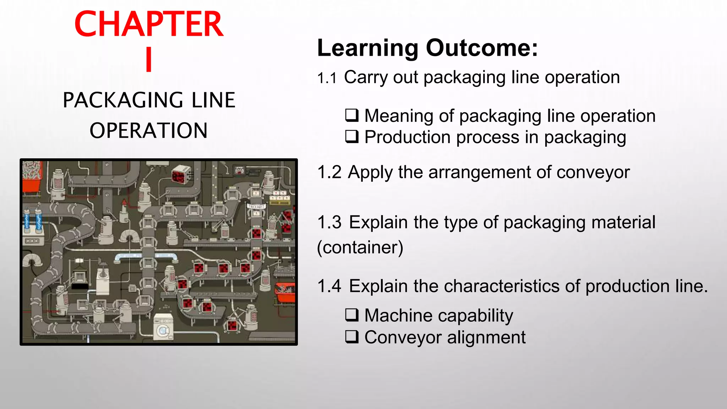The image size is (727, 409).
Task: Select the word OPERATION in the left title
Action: click(x=148, y=131)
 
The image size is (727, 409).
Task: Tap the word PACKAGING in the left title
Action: click(x=122, y=100)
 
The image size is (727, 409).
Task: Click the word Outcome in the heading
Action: click(x=482, y=48)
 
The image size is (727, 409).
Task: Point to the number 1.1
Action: click(x=327, y=78)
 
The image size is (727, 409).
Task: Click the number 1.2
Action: click(x=329, y=172)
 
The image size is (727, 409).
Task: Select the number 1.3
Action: click(x=329, y=222)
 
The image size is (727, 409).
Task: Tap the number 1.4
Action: click(x=329, y=286)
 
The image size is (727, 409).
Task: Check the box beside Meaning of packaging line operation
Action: click(x=352, y=115)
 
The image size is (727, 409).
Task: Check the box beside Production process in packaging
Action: click(x=352, y=137)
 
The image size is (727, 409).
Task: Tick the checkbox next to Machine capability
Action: click(x=352, y=315)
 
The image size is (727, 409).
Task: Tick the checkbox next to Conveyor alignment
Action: click(x=352, y=337)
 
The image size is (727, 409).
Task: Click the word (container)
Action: click(x=360, y=247)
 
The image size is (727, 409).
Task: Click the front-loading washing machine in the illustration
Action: click(x=164, y=326)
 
